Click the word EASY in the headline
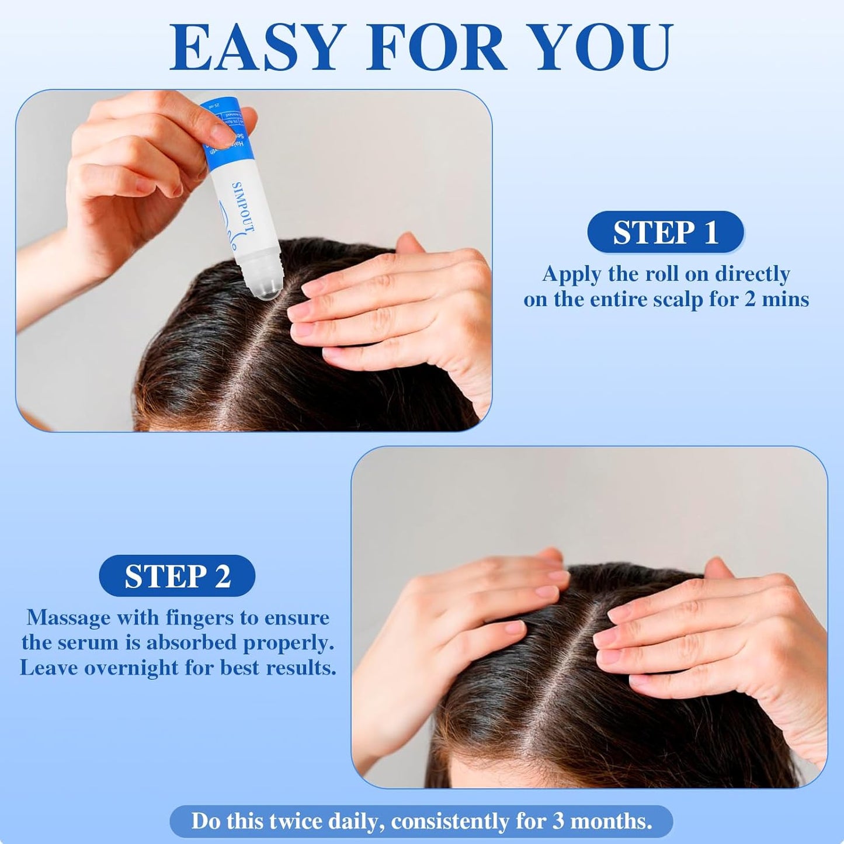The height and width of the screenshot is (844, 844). [x=255, y=48]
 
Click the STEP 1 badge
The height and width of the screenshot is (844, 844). [x=665, y=232]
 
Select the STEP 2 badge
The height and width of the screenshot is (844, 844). [x=177, y=576]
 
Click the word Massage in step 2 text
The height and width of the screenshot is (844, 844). [x=68, y=617]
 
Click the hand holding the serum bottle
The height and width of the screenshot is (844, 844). [x=134, y=175]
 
